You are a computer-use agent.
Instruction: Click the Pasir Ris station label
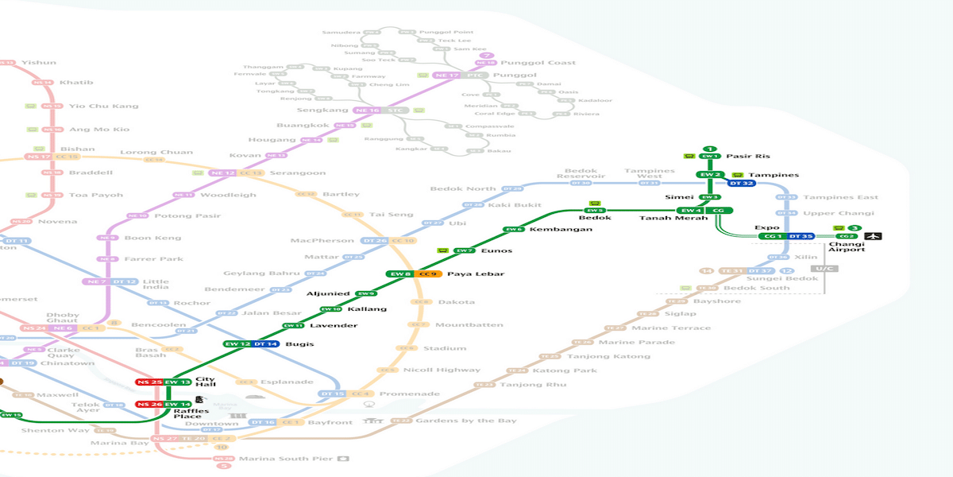(747, 157)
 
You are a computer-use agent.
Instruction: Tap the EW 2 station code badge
(709, 175)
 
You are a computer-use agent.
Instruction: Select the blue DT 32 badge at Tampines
(741, 184)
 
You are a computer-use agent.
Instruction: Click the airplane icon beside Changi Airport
(874, 236)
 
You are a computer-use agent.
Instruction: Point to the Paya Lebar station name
(465, 274)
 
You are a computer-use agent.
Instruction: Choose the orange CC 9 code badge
(429, 274)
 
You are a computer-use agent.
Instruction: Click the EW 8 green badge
(399, 274)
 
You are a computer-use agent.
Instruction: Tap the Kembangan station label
(561, 229)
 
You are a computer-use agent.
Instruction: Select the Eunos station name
(496, 250)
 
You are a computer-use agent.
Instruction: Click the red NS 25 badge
(149, 382)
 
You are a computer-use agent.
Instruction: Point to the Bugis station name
(299, 344)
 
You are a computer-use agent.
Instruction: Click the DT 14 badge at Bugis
(266, 344)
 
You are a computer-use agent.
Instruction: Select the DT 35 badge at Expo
(801, 236)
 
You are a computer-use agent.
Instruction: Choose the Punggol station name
(515, 76)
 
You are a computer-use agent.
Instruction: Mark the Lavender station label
(333, 326)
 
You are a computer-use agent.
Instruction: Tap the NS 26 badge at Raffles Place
(149, 405)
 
